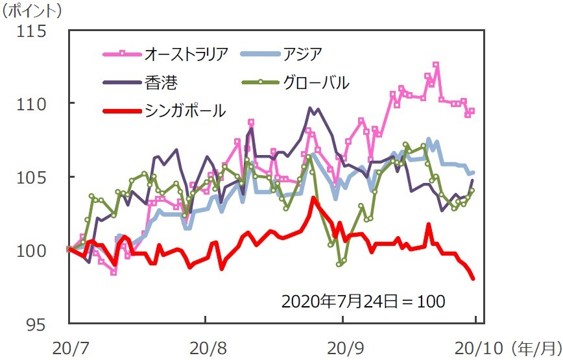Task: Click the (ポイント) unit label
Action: (x=32, y=10)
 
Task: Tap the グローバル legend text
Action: (x=316, y=82)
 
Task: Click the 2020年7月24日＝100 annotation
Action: (x=363, y=301)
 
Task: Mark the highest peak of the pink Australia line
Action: (x=436, y=65)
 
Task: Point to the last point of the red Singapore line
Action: (x=473, y=278)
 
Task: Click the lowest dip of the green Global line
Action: (x=339, y=264)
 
